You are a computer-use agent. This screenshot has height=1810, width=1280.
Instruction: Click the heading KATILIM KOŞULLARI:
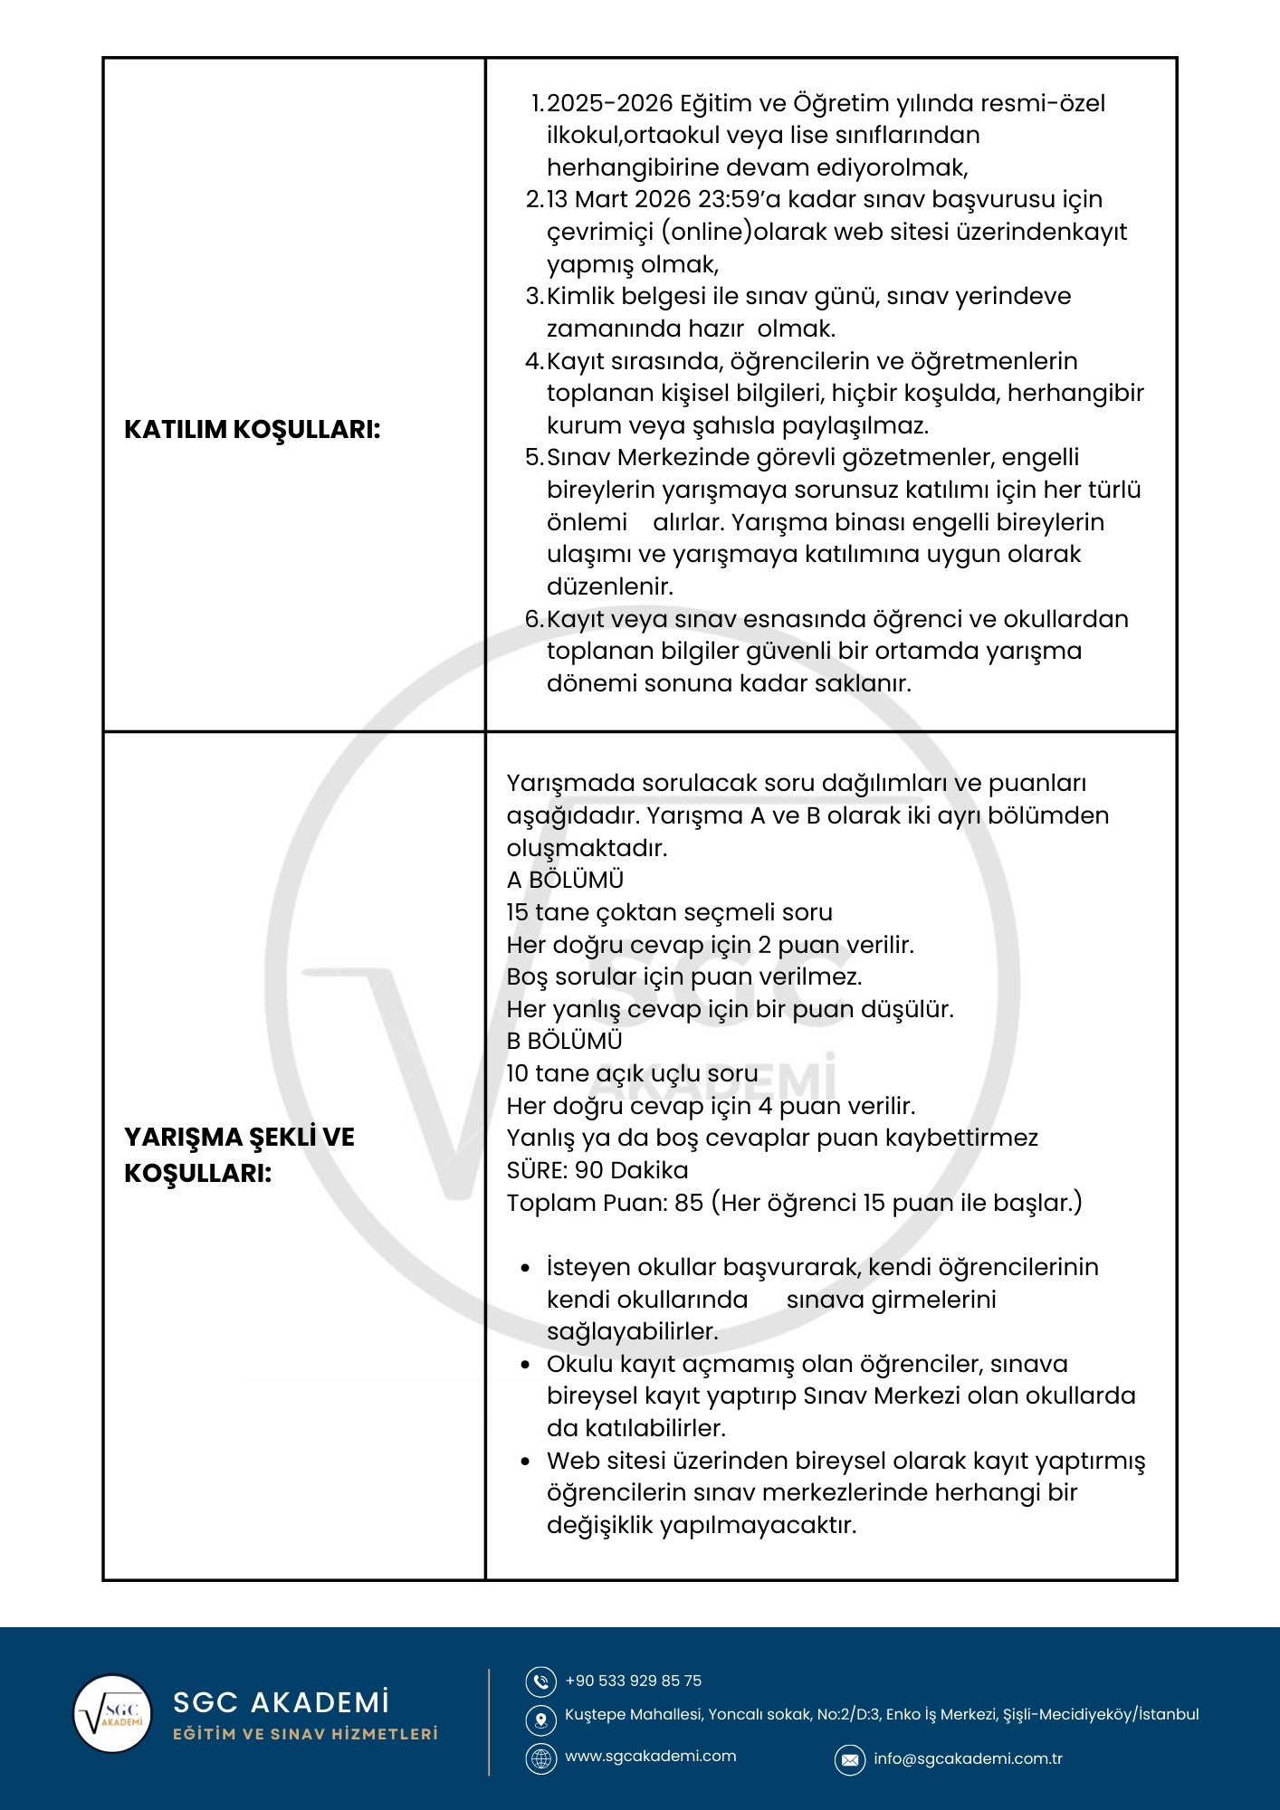(x=252, y=429)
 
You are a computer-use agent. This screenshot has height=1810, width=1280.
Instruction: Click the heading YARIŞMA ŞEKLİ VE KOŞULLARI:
(x=239, y=1155)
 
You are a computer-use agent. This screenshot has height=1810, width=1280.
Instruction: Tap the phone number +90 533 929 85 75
(x=633, y=1681)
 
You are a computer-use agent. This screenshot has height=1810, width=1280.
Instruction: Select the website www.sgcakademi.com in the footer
(x=650, y=1756)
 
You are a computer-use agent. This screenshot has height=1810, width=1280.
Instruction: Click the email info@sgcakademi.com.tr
(x=967, y=1758)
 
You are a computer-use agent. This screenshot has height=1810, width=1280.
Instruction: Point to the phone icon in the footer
(x=541, y=1681)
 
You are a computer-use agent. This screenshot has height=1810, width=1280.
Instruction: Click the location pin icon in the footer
(x=541, y=1719)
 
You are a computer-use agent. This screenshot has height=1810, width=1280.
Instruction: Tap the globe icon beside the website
(x=541, y=1758)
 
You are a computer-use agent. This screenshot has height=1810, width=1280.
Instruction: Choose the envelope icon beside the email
(x=849, y=1759)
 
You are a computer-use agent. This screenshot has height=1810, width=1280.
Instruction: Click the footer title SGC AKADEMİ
(x=281, y=1702)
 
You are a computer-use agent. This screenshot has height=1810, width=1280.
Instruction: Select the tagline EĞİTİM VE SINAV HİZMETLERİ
(x=305, y=1734)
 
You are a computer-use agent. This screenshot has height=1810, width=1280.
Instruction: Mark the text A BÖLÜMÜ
(x=565, y=880)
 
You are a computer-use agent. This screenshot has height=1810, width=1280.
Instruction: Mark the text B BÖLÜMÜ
(x=564, y=1041)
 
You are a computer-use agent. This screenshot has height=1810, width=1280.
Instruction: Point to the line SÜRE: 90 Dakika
(x=597, y=1170)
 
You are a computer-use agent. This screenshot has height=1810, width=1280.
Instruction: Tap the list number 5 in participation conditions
(x=533, y=457)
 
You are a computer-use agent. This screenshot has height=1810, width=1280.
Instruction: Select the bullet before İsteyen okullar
(x=525, y=1268)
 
